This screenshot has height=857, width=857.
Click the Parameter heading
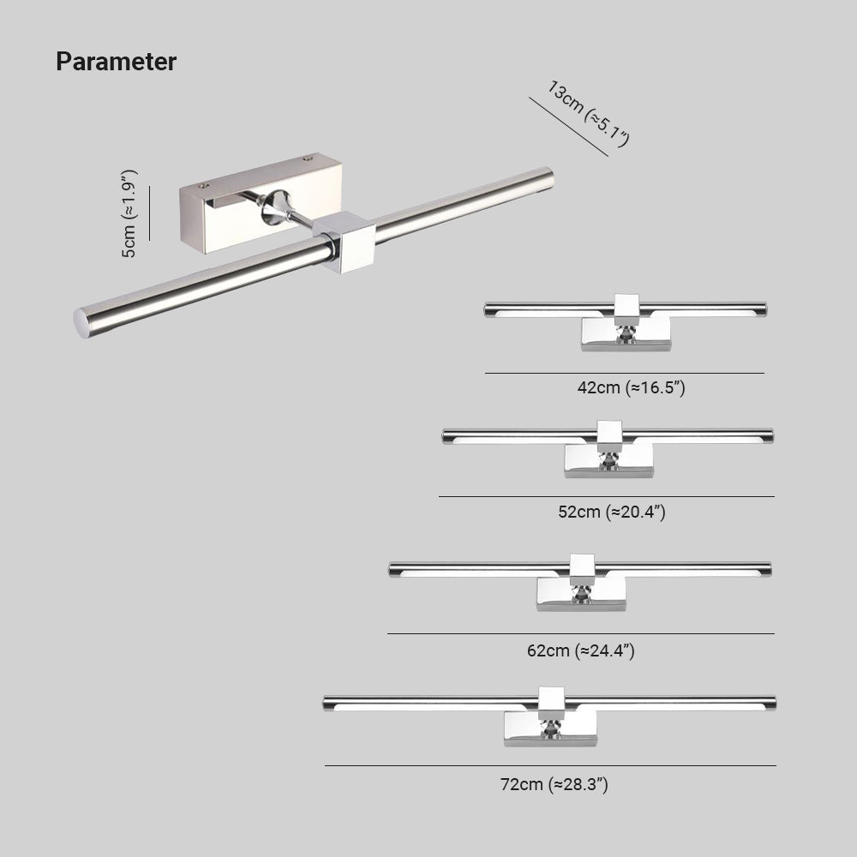116,62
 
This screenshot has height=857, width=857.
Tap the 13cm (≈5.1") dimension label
589,114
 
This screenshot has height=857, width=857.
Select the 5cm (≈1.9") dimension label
129,213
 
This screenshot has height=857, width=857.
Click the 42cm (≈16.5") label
632,387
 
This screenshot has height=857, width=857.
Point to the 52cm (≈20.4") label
612,512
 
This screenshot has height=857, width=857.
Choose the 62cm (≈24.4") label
580,650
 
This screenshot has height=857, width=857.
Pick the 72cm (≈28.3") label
554,784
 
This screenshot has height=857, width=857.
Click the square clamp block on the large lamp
345,242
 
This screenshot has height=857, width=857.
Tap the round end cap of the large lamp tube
81,323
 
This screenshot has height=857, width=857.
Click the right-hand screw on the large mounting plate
308,159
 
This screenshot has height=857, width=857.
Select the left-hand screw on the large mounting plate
205,186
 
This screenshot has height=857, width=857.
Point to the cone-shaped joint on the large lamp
275,207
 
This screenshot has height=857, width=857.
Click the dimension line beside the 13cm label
568,127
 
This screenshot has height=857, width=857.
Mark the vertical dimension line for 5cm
149,213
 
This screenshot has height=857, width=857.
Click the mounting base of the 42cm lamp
626,334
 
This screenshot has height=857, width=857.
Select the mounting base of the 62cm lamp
582,594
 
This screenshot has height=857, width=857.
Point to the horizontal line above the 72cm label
550,765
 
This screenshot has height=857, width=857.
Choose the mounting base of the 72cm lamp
550,729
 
